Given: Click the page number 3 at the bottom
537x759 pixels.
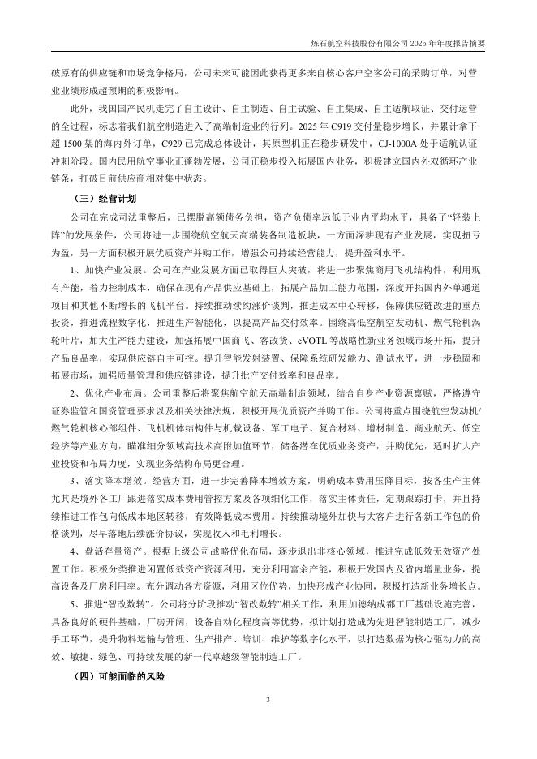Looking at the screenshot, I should (268, 700).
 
